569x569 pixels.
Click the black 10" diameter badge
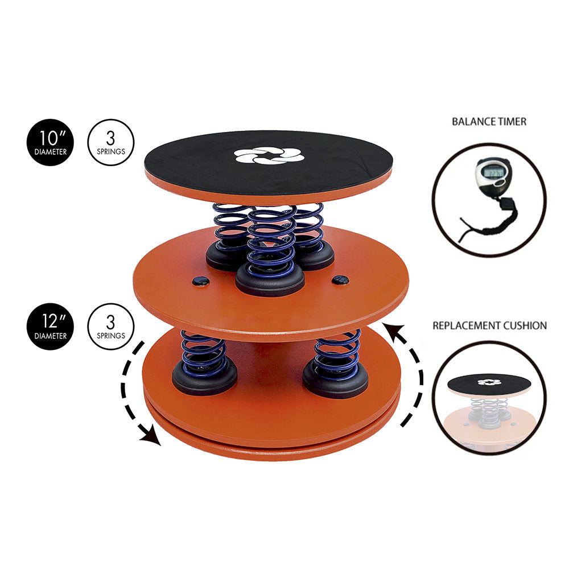tap(50, 142)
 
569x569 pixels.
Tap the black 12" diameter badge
tap(50, 326)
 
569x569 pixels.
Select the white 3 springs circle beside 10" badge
tap(111, 142)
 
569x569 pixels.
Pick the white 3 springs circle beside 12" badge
tap(111, 326)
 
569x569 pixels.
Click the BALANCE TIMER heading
tap(489, 121)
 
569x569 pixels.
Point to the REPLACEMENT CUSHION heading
tap(489, 326)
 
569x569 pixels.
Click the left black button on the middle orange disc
tap(200, 281)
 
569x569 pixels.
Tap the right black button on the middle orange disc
tap(340, 279)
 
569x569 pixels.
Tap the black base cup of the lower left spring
tap(204, 383)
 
